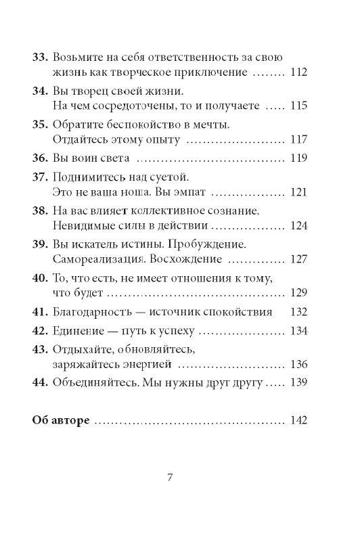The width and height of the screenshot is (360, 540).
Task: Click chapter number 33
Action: [40, 55]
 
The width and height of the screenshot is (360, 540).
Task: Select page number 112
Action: [298, 72]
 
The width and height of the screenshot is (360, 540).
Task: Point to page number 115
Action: [298, 106]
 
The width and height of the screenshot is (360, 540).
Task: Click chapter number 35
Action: [40, 124]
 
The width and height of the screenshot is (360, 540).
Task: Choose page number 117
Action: [298, 141]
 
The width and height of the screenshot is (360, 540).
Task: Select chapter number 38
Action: [40, 211]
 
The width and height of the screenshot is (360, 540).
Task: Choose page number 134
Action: [298, 331]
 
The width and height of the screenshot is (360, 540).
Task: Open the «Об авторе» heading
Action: [62, 420]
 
